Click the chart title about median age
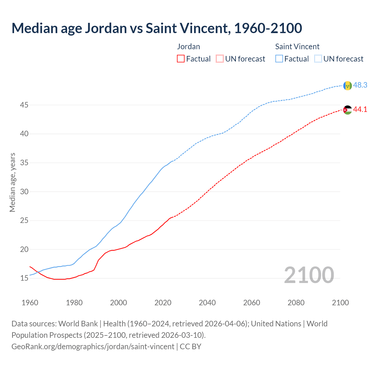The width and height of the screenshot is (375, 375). click(x=157, y=28)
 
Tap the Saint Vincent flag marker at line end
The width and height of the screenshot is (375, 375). click(x=347, y=86)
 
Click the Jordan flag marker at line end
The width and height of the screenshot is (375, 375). click(x=347, y=110)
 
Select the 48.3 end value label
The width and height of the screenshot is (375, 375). click(x=360, y=85)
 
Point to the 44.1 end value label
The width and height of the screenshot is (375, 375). click(x=360, y=109)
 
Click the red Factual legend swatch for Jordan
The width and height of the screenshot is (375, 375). click(x=181, y=59)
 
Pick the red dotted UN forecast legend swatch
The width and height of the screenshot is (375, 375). click(x=220, y=59)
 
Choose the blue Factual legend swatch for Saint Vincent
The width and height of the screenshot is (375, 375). click(x=279, y=59)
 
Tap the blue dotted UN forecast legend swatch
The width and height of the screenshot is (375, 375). click(x=318, y=59)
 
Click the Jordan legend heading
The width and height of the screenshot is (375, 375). click(x=188, y=47)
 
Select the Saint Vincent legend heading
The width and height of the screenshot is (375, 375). click(x=297, y=47)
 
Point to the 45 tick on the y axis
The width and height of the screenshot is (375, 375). click(x=24, y=105)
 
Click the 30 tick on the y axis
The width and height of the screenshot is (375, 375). click(x=24, y=192)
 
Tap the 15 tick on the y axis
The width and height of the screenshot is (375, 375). click(x=24, y=278)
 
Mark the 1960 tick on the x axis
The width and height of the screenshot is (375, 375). click(x=30, y=303)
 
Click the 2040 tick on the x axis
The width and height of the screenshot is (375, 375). click(x=207, y=303)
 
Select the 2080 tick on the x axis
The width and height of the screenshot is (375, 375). click(x=296, y=303)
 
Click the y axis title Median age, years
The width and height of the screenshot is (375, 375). click(x=12, y=182)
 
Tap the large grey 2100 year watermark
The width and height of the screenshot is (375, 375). click(x=309, y=275)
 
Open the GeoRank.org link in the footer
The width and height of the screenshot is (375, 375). click(x=93, y=347)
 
